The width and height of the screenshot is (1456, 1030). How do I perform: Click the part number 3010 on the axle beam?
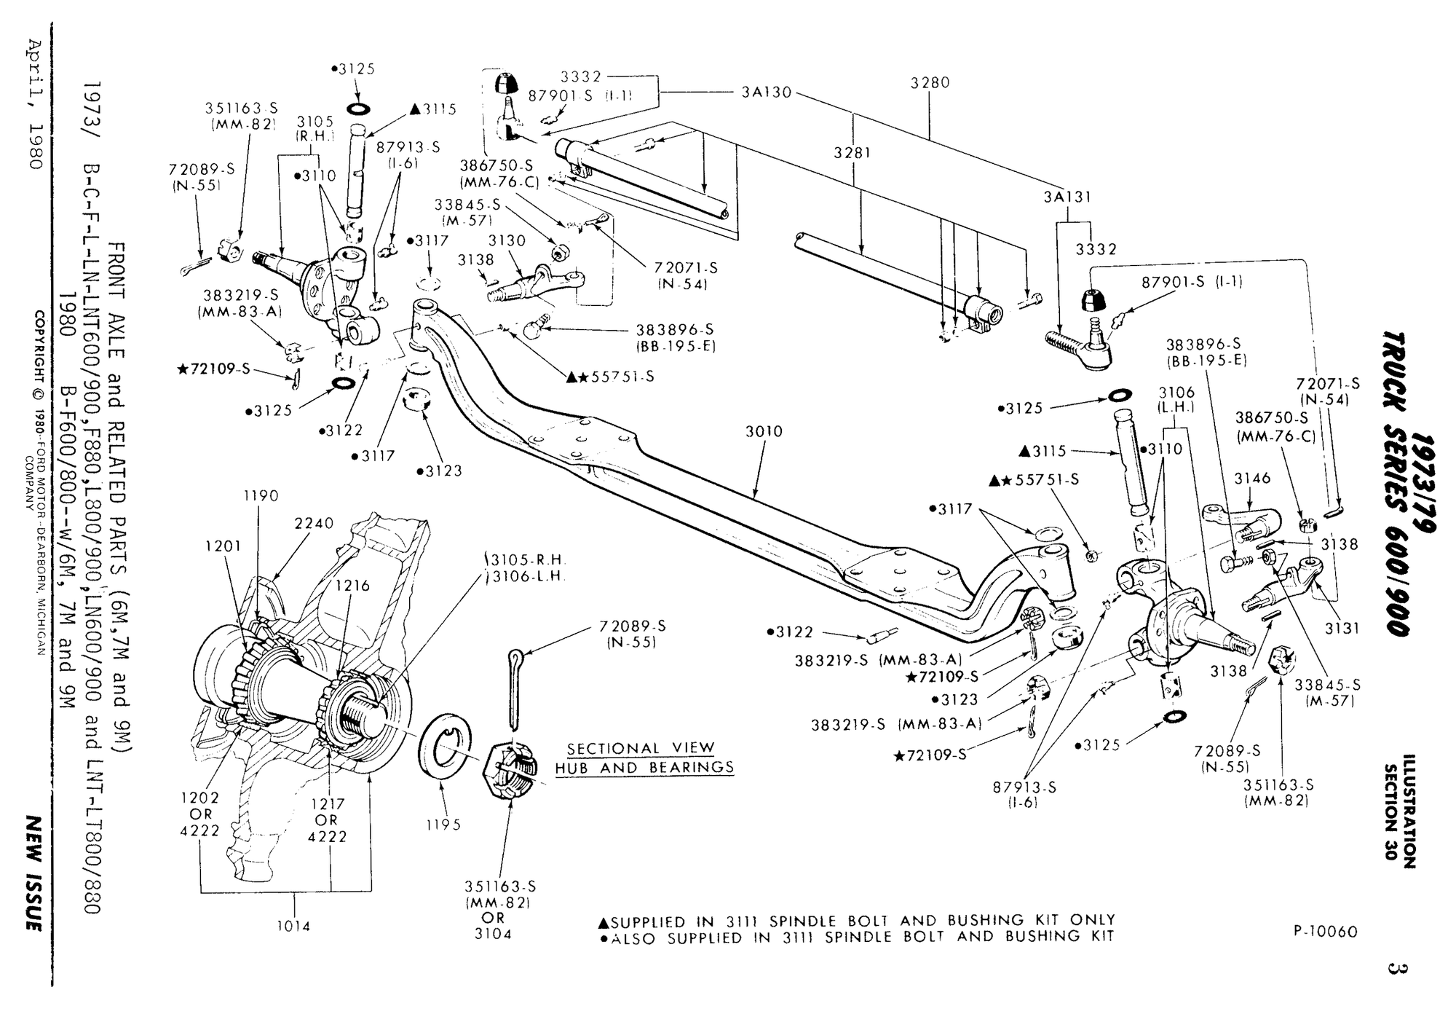click(764, 432)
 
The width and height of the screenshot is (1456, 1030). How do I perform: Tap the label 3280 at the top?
click(930, 83)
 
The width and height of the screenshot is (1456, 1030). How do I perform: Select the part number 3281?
click(852, 153)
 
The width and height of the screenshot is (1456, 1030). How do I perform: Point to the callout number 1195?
click(443, 825)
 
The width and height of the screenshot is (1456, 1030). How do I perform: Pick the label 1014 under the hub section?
click(293, 926)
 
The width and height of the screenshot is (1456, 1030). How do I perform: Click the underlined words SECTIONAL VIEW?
click(641, 748)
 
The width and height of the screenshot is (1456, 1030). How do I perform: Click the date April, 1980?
click(36, 101)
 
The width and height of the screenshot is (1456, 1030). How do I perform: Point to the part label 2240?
click(314, 523)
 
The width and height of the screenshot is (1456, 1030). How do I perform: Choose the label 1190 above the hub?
click(261, 496)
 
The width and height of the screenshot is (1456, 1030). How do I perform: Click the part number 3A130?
click(767, 93)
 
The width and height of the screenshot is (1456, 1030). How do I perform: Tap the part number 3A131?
click(1068, 197)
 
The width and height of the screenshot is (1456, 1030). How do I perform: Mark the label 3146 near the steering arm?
click(1252, 479)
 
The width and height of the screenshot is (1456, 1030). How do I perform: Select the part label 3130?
click(507, 240)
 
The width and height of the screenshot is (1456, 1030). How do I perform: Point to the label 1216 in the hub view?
click(352, 586)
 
